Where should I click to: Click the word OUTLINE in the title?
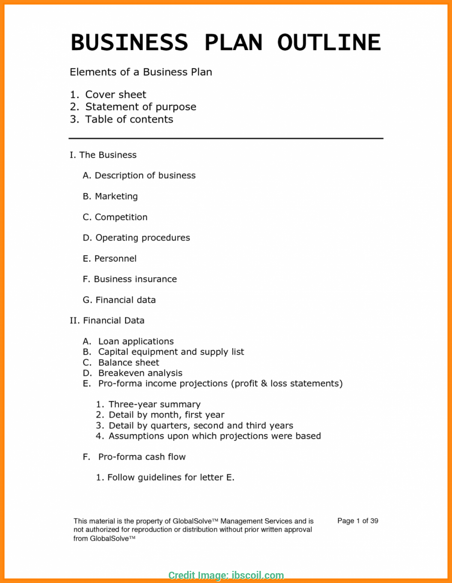point(329,42)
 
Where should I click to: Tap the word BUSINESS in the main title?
point(130,42)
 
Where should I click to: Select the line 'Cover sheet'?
point(115,95)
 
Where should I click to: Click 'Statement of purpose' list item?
point(140,107)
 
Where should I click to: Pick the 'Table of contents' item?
point(129,120)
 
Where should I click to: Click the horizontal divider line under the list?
point(226,138)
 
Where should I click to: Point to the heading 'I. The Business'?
point(103,155)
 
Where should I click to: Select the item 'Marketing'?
point(116,196)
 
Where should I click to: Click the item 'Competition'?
point(121,217)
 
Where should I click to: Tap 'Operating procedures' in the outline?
point(142,238)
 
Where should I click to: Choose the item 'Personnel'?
point(115,259)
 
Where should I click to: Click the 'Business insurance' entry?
point(135,279)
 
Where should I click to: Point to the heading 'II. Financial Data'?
point(107,321)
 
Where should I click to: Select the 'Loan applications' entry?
point(136,342)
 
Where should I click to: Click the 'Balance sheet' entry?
point(128,363)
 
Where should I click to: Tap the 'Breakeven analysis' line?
point(140,373)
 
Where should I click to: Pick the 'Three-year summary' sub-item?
point(154,405)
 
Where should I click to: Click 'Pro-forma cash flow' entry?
point(142,457)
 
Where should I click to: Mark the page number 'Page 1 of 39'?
point(357,521)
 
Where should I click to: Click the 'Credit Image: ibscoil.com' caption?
point(226,575)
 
